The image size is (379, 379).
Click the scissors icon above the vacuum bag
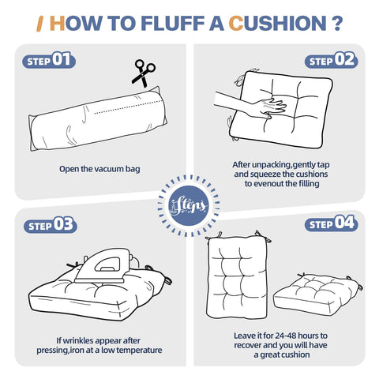(144, 73)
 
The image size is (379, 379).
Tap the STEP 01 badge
(49, 60)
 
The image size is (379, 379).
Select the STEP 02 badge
(331, 60)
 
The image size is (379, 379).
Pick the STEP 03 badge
(51, 225)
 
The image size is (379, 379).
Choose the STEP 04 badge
(331, 223)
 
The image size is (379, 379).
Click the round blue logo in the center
(189, 205)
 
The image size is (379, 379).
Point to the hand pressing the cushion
(250, 104)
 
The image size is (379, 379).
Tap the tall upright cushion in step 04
(238, 276)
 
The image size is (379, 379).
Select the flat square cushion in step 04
(317, 294)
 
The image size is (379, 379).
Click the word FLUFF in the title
(173, 24)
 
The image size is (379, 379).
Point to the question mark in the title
(336, 24)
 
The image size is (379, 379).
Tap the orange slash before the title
(39, 24)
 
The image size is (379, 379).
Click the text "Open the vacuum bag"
(99, 169)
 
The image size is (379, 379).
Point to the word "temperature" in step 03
(139, 351)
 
